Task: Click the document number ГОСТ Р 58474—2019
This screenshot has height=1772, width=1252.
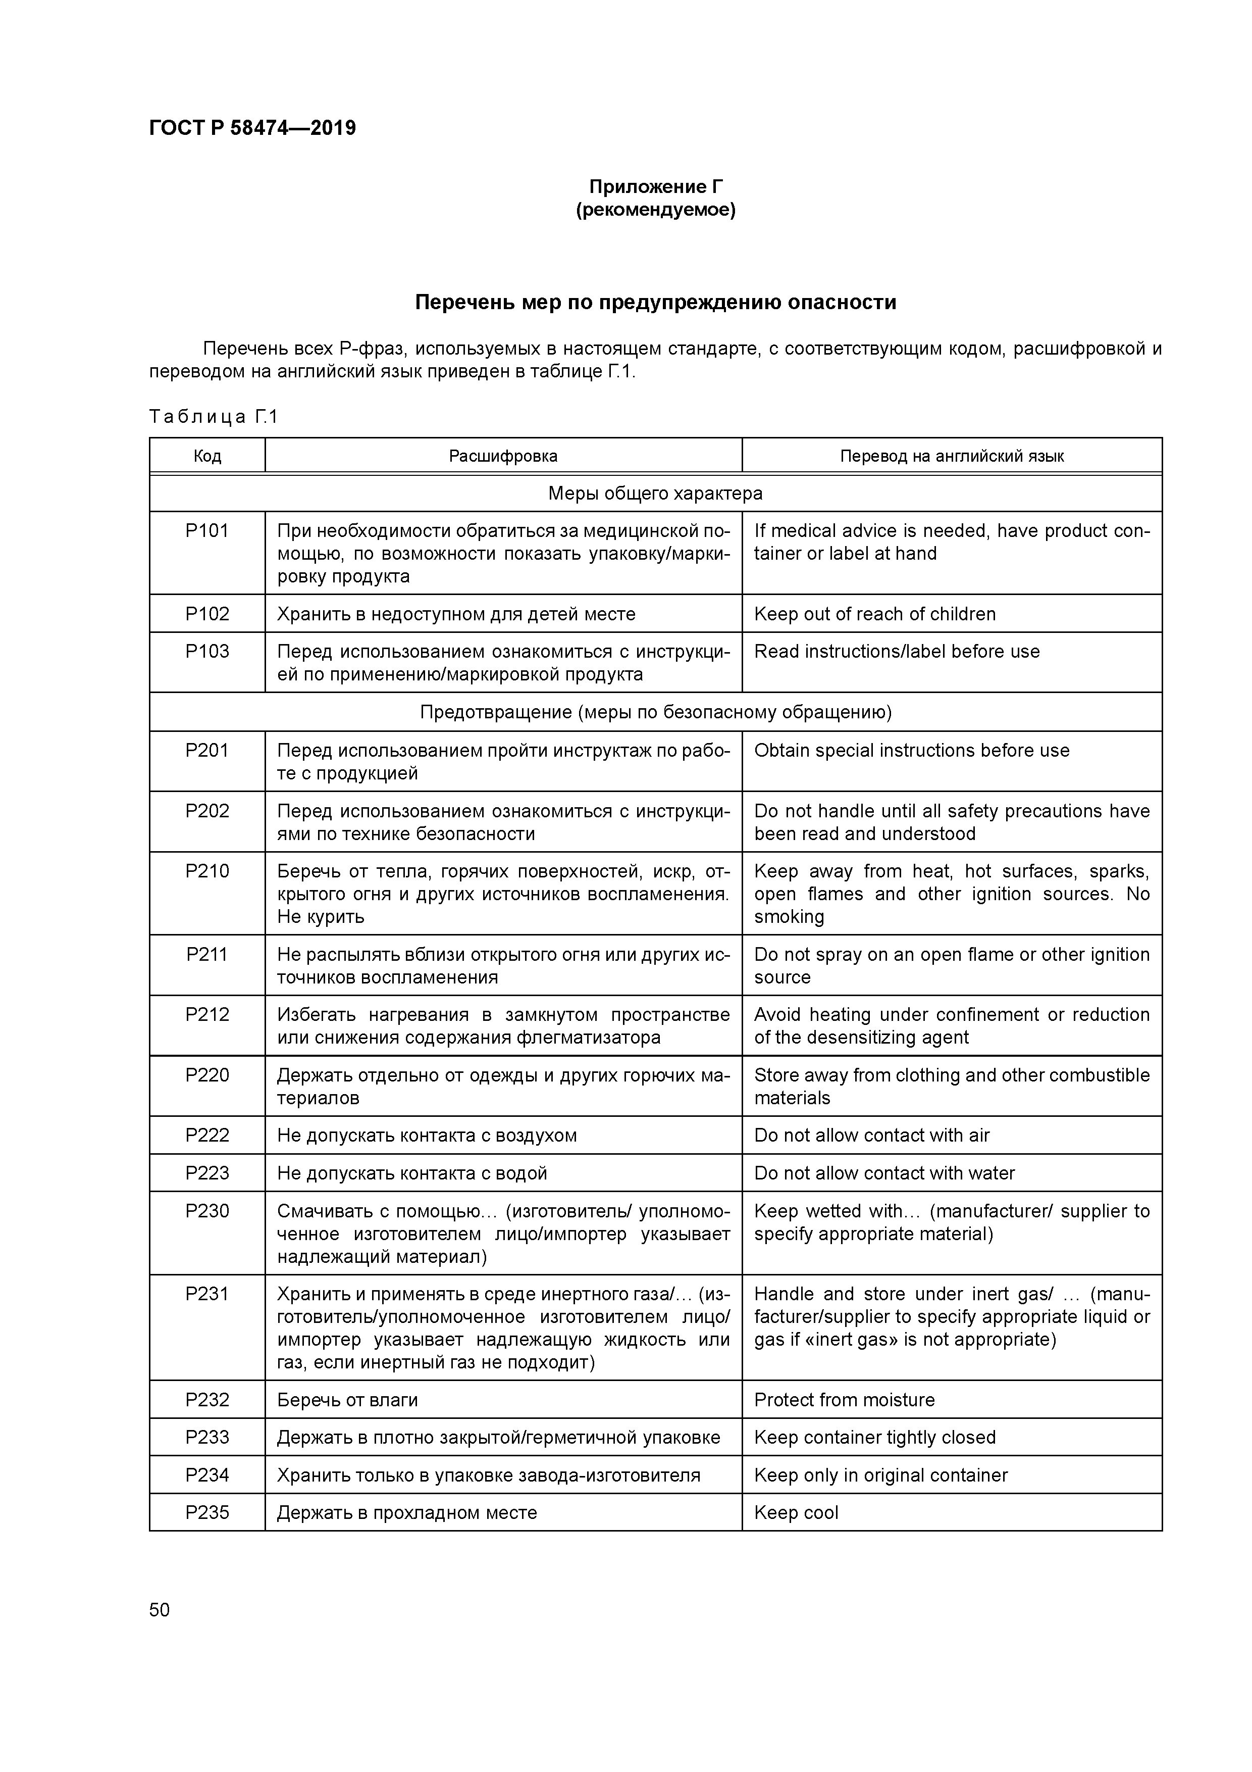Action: pyautogui.click(x=252, y=128)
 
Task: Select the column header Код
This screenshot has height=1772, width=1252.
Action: pyautogui.click(x=207, y=456)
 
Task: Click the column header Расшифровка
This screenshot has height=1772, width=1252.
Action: pyautogui.click(x=503, y=456)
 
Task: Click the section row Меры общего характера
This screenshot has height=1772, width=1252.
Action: pyautogui.click(x=655, y=493)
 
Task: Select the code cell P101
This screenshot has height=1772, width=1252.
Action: pyautogui.click(x=207, y=531)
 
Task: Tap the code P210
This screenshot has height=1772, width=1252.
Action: pyautogui.click(x=207, y=871)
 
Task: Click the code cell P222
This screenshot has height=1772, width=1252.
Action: pyautogui.click(x=207, y=1136)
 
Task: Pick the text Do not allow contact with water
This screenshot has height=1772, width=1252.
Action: pyautogui.click(x=884, y=1173)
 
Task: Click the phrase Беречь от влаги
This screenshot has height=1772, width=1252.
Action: pyautogui.click(x=347, y=1400)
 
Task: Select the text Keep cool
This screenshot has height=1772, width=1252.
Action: pyautogui.click(x=796, y=1513)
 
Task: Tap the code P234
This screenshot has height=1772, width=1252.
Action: pyautogui.click(x=207, y=1475)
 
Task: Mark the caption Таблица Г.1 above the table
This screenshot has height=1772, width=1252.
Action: pyautogui.click(x=213, y=418)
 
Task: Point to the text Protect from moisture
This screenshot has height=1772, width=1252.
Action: pyautogui.click(x=844, y=1400)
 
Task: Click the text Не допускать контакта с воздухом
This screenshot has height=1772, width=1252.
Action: pyautogui.click(x=427, y=1136)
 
